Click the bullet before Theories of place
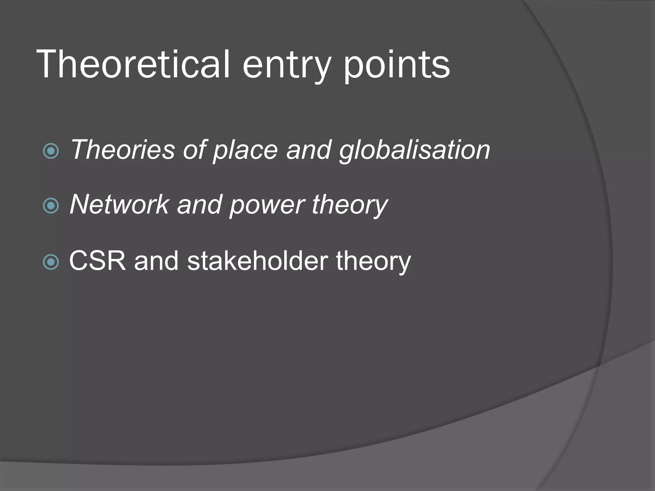point(51,151)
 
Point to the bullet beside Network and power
point(51,206)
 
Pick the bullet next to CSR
point(51,262)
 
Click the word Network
point(119,205)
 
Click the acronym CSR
point(98,261)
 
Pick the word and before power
point(200,205)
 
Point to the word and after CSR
point(156,261)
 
